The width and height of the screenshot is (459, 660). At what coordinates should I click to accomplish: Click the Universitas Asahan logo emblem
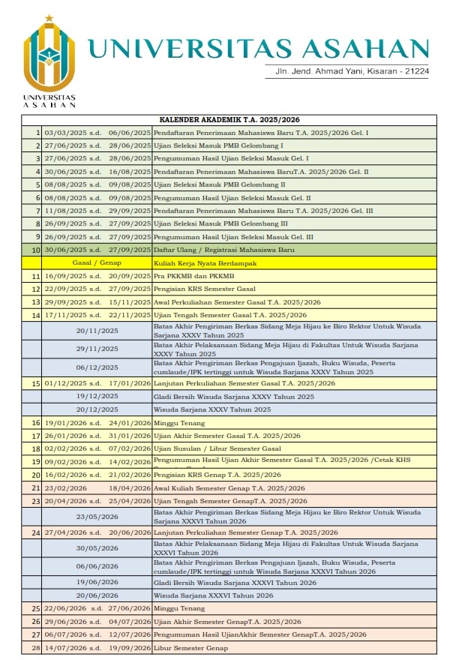coord(49,55)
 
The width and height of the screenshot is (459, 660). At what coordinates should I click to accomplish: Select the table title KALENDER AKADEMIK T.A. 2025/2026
coord(229,120)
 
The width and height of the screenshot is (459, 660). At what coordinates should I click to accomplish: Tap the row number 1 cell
coord(37,133)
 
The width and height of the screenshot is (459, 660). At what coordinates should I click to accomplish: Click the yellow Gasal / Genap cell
coord(97,263)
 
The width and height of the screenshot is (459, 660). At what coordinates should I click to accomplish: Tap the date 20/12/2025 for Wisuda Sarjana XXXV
coord(97,409)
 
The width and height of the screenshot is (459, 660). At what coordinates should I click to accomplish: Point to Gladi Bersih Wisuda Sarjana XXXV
coord(233,396)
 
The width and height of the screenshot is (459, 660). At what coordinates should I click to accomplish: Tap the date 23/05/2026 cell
coord(97,516)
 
